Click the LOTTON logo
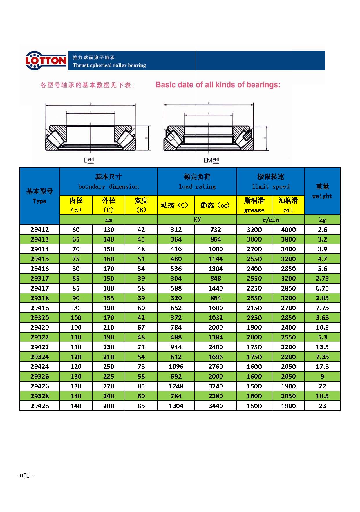point(46,61)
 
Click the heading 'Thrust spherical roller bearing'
point(109,65)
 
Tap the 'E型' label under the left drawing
point(88,160)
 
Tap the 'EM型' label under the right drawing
point(211,160)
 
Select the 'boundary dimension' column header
point(108,186)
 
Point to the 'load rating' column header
point(197,186)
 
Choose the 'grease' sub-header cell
point(254,210)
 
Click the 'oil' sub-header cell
point(288,210)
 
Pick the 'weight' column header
point(322,196)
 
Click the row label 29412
point(40,230)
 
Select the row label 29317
point(40,278)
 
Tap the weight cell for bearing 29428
point(322,406)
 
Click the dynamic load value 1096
point(176,366)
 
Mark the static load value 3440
point(216,406)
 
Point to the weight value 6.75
point(322,288)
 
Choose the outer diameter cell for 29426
point(108,386)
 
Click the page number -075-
point(25,476)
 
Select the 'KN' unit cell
point(197,220)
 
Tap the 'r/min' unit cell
point(271,220)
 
